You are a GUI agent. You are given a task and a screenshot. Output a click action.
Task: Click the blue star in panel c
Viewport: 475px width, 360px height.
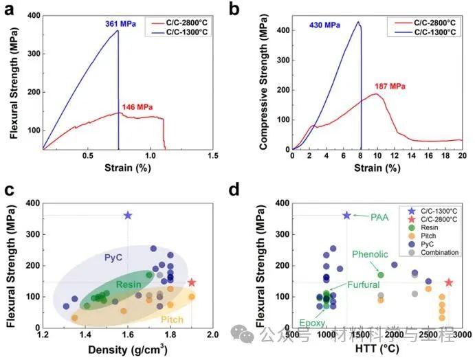[x=128, y=216]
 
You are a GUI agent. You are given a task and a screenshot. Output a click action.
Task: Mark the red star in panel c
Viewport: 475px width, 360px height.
[x=192, y=282]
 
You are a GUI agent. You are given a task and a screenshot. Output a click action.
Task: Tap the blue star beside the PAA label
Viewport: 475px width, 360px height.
[x=346, y=216]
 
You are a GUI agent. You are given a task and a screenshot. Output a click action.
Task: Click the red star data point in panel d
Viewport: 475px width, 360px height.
[x=449, y=282]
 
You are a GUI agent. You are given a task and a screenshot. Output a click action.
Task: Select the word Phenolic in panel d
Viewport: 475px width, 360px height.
[x=370, y=254]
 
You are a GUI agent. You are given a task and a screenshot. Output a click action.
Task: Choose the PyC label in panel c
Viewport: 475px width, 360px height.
[x=113, y=258]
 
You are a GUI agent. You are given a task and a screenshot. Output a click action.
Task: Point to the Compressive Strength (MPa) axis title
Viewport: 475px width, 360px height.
[x=265, y=82]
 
